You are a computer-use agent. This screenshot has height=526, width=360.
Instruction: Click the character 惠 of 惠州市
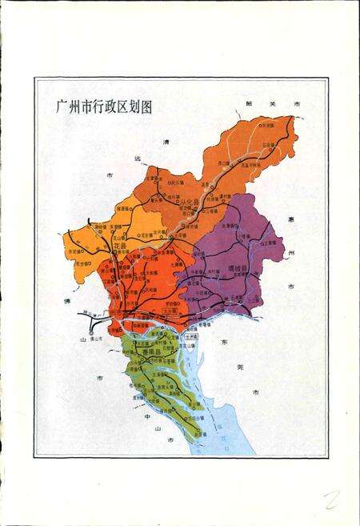[x=294, y=218]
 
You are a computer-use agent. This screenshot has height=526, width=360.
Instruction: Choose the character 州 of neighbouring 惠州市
[x=293, y=251]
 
